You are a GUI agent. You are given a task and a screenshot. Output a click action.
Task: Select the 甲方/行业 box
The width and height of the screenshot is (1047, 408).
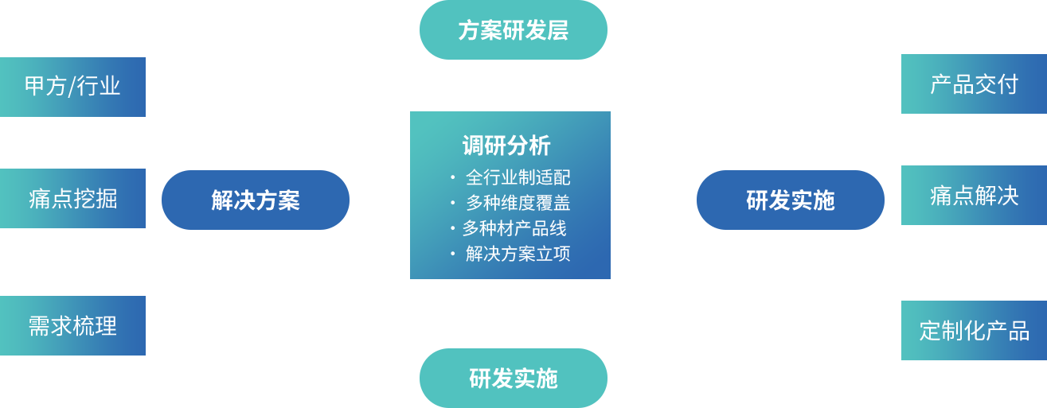(x=72, y=86)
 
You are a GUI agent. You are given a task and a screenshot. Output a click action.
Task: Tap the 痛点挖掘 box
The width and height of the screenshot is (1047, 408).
(x=72, y=198)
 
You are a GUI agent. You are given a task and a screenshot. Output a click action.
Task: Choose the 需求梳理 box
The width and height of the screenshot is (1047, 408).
(x=72, y=325)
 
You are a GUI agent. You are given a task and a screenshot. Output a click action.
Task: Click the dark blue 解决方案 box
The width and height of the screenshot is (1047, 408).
(x=255, y=200)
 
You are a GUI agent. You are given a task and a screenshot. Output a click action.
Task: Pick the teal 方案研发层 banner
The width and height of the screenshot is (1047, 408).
(x=513, y=30)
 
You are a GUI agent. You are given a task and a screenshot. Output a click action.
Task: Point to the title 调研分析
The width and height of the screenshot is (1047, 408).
(x=506, y=146)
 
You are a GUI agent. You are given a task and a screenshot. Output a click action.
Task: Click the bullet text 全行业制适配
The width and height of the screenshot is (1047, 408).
(x=518, y=177)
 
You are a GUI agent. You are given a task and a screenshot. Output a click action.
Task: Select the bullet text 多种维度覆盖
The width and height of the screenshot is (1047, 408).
(x=518, y=203)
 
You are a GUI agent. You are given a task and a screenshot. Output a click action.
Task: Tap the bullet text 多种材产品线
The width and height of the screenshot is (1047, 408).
(x=514, y=228)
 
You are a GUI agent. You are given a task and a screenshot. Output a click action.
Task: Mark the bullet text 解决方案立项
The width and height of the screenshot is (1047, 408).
(x=518, y=254)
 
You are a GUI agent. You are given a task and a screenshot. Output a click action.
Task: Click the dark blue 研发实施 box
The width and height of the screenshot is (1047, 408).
(x=790, y=200)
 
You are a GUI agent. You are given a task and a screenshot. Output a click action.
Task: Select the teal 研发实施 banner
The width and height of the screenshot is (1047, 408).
(x=513, y=379)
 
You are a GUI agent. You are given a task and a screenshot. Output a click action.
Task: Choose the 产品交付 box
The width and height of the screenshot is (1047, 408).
(x=974, y=84)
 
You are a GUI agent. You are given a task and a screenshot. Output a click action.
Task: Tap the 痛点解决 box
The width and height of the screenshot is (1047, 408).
(x=974, y=195)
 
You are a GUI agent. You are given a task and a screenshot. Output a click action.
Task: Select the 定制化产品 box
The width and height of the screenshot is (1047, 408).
(x=974, y=330)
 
